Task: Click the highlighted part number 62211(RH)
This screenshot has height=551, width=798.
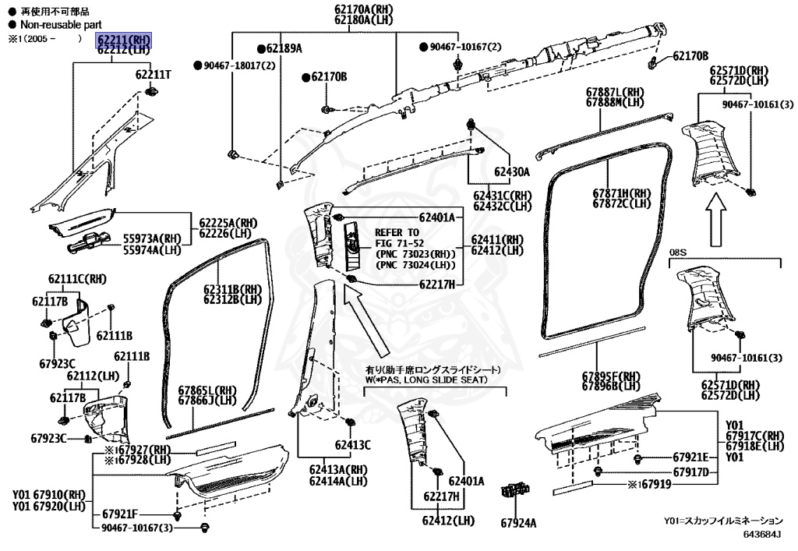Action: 124,39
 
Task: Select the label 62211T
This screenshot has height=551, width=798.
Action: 154,75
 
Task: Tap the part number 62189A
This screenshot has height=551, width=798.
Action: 284,48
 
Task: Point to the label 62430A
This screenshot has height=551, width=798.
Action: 511,172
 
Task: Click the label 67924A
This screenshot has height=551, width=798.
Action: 518,523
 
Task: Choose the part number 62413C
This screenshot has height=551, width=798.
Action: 353,445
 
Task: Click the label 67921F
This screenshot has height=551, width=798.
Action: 120,514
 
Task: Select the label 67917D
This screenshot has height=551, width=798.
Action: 690,472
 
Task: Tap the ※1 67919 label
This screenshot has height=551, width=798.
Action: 649,484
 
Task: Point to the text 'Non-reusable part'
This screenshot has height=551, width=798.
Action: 61,24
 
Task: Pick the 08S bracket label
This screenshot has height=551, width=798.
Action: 677,253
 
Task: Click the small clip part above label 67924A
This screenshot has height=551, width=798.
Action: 516,490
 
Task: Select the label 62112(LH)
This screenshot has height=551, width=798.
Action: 93,376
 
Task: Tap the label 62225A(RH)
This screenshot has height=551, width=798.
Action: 228,223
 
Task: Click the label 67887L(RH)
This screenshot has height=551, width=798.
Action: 615,92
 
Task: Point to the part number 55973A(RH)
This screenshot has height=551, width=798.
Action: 152,238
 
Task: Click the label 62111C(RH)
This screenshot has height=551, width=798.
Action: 77,279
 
